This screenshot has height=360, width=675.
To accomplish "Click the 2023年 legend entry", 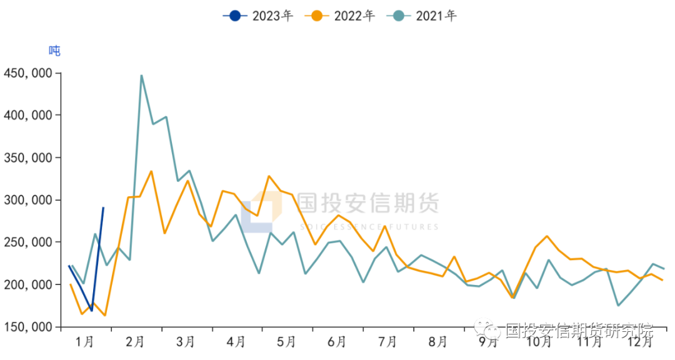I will pyautogui.click(x=258, y=16).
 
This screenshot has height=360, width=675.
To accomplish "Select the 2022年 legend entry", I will pyautogui.click(x=340, y=16).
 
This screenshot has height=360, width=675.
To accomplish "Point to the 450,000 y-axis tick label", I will pyautogui.click(x=28, y=73).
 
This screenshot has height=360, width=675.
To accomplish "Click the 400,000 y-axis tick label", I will pyautogui.click(x=28, y=116).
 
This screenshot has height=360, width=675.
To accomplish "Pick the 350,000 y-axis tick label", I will pyautogui.click(x=28, y=158).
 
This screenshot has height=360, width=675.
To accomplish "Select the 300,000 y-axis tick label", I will pyautogui.click(x=28, y=200).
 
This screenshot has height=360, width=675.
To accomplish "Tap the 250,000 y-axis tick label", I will pyautogui.click(x=28, y=242).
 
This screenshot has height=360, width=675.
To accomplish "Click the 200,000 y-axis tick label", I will pyautogui.click(x=28, y=284).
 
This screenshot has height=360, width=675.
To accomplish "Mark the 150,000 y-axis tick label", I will pyautogui.click(x=28, y=327).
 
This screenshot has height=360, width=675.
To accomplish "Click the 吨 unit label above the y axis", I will pyautogui.click(x=55, y=51).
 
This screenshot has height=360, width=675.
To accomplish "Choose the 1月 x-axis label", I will pyautogui.click(x=84, y=342).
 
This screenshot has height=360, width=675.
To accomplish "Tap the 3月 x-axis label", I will pyautogui.click(x=186, y=342).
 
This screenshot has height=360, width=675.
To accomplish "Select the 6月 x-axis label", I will pyautogui.click(x=337, y=342).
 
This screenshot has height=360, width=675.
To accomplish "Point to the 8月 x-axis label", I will pyautogui.click(x=438, y=342).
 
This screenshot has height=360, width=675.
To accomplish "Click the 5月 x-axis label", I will pyautogui.click(x=286, y=342).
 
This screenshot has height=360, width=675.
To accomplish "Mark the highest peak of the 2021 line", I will pyautogui.click(x=142, y=76).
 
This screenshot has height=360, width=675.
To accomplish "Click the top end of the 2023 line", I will pyautogui.click(x=103, y=207).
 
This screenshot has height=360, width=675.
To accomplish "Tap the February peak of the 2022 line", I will pyautogui.click(x=151, y=171).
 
